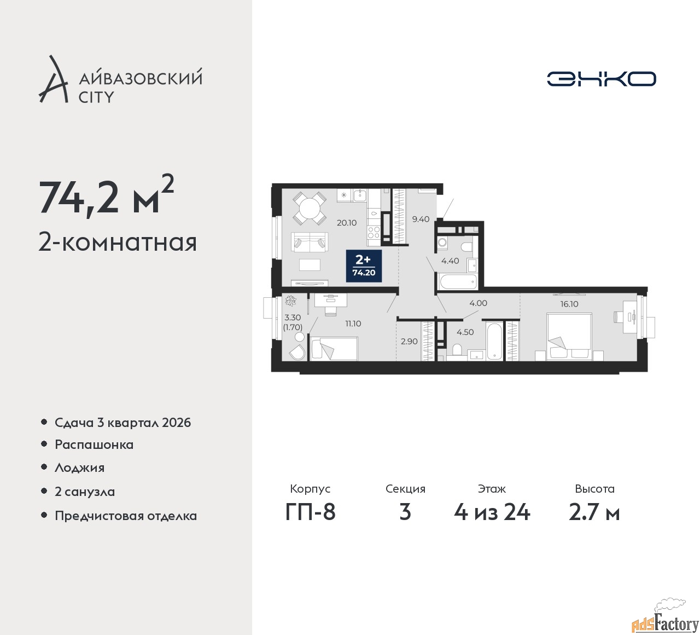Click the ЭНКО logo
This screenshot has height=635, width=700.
(x=601, y=79)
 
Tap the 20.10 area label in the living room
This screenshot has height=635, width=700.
(x=347, y=222)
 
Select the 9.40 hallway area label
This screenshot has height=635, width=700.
(x=421, y=219)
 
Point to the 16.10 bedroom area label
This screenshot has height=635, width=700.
(x=569, y=304)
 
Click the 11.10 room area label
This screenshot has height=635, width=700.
(x=353, y=324)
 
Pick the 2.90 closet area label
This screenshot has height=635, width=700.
(x=409, y=341)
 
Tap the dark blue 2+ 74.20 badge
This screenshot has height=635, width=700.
(x=364, y=266)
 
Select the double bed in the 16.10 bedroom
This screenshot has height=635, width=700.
(x=569, y=337)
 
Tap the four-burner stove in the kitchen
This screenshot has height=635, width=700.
(x=374, y=232)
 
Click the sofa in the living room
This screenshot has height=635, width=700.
(x=309, y=242)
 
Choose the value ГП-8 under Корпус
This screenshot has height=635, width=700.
(x=310, y=512)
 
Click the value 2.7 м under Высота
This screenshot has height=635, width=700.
(x=594, y=512)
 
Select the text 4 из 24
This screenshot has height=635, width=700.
(x=492, y=512)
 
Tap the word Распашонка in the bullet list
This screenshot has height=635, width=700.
(x=94, y=444)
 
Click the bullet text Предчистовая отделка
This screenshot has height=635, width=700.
(x=126, y=516)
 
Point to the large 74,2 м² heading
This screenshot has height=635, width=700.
(x=107, y=197)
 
